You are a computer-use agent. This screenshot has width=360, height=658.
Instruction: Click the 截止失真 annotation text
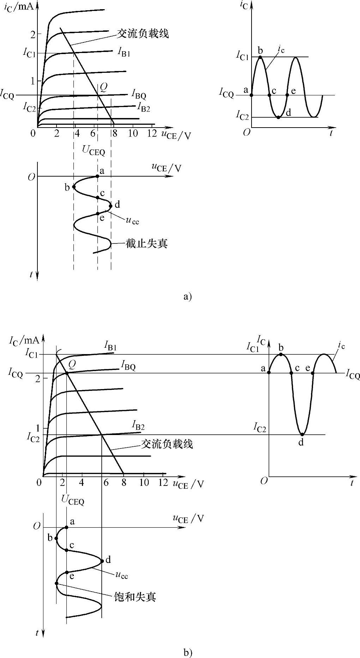(x=146, y=243)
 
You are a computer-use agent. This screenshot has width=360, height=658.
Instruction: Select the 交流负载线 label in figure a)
(x=143, y=33)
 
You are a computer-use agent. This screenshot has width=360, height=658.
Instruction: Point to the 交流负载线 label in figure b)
(x=167, y=444)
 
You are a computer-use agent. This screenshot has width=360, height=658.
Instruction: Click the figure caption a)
(x=187, y=296)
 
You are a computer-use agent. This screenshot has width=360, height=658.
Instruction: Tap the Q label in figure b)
(x=72, y=364)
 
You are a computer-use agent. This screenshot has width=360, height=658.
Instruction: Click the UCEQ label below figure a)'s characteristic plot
(x=94, y=151)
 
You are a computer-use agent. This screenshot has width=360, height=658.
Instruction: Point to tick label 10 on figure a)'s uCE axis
(x=132, y=134)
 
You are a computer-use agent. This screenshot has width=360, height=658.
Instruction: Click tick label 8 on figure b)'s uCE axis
(x=124, y=482)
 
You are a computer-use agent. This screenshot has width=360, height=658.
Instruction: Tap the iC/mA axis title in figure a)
(x=19, y=7)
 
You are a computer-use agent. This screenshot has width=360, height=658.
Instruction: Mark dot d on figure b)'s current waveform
(x=302, y=434)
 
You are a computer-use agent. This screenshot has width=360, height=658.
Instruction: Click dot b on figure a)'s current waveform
(x=260, y=57)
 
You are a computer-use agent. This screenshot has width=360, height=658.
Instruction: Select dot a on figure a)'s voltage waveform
(x=98, y=176)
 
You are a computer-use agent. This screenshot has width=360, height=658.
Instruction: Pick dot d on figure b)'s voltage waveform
(x=102, y=560)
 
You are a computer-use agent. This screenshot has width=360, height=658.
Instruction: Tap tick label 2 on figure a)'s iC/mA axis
(x=33, y=35)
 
